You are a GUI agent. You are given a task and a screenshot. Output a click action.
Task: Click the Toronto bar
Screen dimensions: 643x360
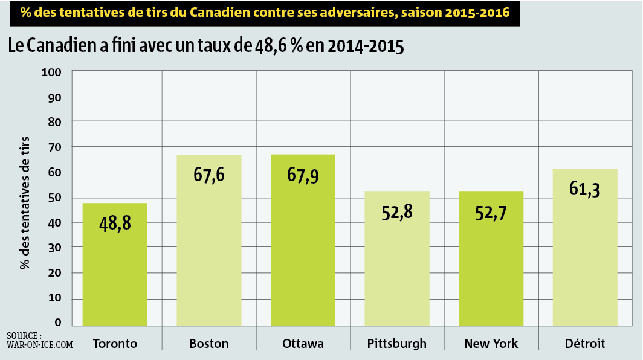click(115, 265)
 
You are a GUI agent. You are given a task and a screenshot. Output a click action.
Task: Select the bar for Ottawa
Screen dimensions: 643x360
click(303, 240)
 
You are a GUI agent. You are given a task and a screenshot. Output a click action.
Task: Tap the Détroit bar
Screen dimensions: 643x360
click(585, 247)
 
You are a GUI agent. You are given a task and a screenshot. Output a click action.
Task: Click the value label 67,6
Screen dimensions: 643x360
click(209, 175)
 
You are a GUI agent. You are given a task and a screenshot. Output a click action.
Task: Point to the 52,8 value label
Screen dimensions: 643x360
click(397, 213)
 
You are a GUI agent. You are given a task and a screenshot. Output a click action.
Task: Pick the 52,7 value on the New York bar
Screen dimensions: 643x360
click(491, 213)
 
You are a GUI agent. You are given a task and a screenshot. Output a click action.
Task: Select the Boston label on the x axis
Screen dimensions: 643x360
click(208, 343)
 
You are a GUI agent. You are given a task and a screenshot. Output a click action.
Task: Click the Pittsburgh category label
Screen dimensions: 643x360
click(396, 344)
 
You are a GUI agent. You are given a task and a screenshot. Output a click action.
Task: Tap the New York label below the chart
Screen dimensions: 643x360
click(491, 343)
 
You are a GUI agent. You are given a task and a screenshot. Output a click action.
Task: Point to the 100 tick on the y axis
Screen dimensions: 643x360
click(51, 72)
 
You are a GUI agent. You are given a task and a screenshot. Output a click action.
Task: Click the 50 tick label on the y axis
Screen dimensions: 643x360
click(54, 198)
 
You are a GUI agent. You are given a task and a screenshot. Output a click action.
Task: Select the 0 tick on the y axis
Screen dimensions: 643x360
click(58, 323)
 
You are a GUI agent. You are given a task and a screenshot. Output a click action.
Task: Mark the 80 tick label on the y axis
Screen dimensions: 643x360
click(54, 122)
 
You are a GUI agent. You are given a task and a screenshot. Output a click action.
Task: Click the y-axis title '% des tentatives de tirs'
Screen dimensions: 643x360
click(25, 203)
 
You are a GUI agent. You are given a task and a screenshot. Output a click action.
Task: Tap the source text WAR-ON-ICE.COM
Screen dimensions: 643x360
click(40, 345)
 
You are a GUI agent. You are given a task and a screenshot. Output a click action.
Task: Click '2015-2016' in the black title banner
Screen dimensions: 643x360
click(477, 12)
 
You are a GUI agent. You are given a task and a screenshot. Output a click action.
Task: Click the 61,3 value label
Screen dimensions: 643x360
click(585, 190)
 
